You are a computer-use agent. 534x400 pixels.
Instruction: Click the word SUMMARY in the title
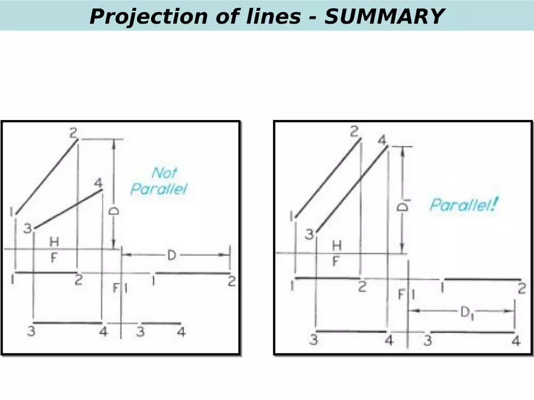pyautogui.click(x=385, y=16)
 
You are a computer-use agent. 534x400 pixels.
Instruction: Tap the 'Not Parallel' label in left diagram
pyautogui.click(x=160, y=181)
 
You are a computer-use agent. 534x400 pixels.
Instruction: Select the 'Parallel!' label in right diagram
pyautogui.click(x=464, y=204)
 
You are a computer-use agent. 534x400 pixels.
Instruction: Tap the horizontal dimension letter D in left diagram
pyautogui.click(x=171, y=256)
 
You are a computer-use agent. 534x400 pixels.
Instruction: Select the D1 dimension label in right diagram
pyautogui.click(x=466, y=312)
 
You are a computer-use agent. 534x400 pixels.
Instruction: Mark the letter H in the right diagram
pyautogui.click(x=337, y=245)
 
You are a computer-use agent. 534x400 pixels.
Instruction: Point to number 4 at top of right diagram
pyautogui.click(x=382, y=141)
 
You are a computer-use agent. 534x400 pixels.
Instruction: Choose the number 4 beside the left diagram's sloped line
pyautogui.click(x=98, y=182)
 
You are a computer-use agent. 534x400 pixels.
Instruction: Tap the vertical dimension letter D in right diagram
pyautogui.click(x=402, y=207)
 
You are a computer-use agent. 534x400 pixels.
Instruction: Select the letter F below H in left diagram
pyautogui.click(x=53, y=258)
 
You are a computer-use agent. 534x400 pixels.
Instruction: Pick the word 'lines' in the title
pyautogui.click(x=269, y=16)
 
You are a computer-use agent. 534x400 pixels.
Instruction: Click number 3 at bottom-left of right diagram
pyautogui.click(x=313, y=339)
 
